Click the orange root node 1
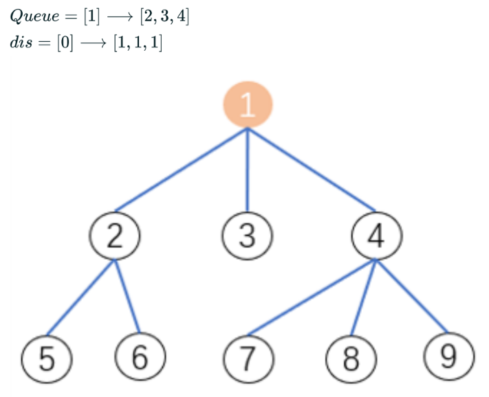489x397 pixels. pyautogui.click(x=248, y=104)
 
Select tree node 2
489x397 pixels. pyautogui.click(x=115, y=236)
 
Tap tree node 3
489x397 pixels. pyautogui.click(x=248, y=236)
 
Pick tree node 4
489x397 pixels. pyautogui.click(x=376, y=236)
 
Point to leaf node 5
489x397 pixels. pyautogui.click(x=47, y=360)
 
